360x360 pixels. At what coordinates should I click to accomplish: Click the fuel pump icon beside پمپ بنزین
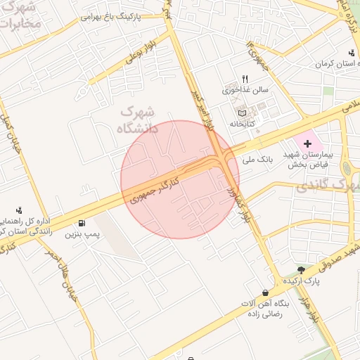(83, 224)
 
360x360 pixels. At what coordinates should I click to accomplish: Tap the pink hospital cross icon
(307, 143)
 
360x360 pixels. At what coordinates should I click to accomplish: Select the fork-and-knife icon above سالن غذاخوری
(245, 79)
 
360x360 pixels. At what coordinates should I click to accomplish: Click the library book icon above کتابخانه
(242, 112)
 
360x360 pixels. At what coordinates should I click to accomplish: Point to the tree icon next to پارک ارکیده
(301, 270)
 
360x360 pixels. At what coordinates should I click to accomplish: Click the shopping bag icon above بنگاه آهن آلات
(265, 292)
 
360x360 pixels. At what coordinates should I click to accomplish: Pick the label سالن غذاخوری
(245, 90)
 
